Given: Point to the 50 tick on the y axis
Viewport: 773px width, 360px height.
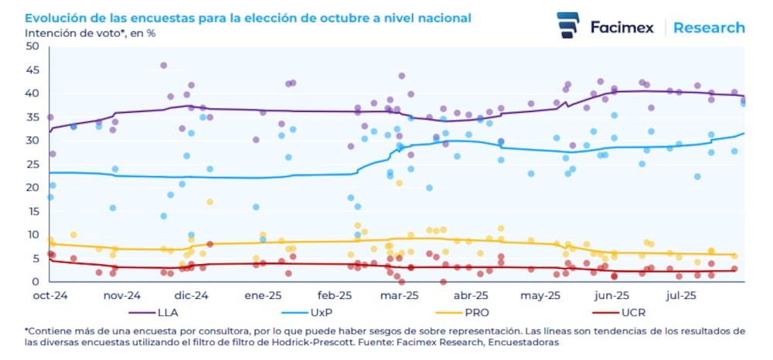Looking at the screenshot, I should click(32, 46).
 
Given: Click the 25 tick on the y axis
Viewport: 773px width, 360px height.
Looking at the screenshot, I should click(32, 164).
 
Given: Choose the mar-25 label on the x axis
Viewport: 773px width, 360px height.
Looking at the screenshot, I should click(401, 295).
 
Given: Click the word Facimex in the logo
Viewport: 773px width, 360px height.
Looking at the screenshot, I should click(621, 28).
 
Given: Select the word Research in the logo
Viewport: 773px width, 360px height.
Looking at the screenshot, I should click(709, 28).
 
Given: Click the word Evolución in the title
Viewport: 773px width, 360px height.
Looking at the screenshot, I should click(55, 17).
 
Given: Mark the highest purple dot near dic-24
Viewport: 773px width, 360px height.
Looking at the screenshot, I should click(164, 66).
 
